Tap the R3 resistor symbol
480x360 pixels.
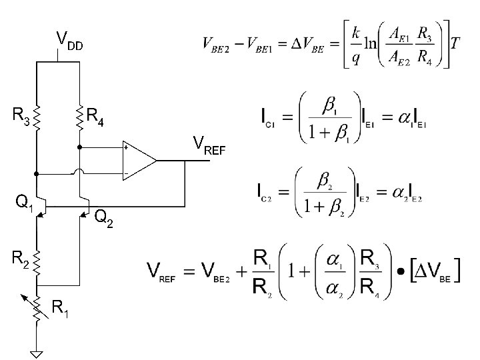pyautogui.click(x=37, y=117)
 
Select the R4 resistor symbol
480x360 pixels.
pyautogui.click(x=79, y=117)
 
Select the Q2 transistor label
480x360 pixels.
pyautogui.click(x=103, y=217)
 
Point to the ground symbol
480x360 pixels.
pyautogui.click(x=37, y=352)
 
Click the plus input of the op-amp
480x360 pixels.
pyautogui.click(x=125, y=148)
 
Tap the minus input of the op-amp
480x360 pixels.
pyautogui.click(x=125, y=173)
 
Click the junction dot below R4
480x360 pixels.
pyautogui.click(x=79, y=146)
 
